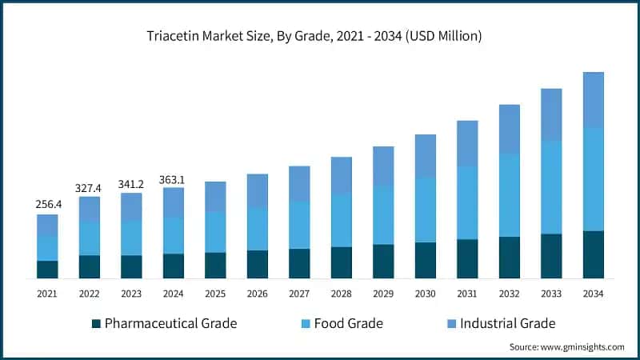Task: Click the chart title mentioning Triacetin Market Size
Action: point(320,36)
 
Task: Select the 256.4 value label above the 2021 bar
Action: point(47,205)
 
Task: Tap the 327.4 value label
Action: point(89,187)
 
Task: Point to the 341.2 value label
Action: point(131,183)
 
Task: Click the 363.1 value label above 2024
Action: point(173,178)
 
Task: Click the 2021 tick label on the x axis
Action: point(47,294)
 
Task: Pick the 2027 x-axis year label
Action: point(299,294)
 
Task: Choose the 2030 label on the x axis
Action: point(425,294)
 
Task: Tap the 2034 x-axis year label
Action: point(593,294)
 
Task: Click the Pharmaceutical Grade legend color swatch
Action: point(97,324)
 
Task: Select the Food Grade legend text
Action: point(348,324)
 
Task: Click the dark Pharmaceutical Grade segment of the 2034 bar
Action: point(593,254)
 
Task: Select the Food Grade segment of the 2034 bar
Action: point(593,179)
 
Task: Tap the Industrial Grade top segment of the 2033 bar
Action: point(551,114)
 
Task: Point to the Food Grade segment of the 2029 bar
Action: point(383,215)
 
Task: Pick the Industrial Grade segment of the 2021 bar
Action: point(47,225)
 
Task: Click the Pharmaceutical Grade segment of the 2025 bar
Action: point(215,265)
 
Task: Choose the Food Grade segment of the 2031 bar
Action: point(467,202)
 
